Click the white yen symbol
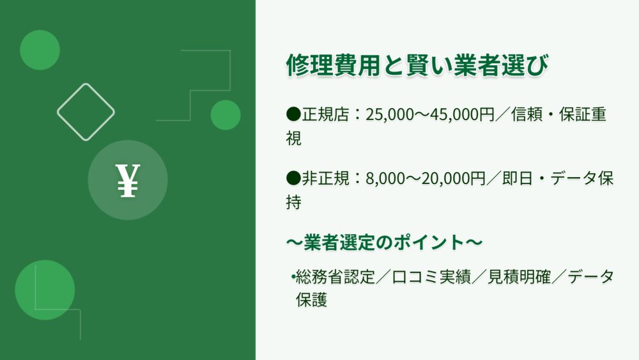(x=128, y=180)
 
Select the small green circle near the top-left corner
(x=40, y=50)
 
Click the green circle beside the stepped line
(x=226, y=115)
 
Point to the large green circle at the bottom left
(x=45, y=290)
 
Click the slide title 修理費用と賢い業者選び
(x=417, y=65)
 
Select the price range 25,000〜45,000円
(x=430, y=114)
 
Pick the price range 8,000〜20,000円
(x=426, y=178)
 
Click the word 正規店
(x=326, y=114)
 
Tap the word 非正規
(x=326, y=178)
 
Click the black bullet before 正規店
(x=293, y=114)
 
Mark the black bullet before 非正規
(x=293, y=178)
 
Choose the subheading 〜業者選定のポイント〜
(x=384, y=242)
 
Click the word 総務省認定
(x=335, y=277)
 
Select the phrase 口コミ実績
(x=431, y=277)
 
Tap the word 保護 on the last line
(x=312, y=300)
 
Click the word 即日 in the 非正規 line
(x=518, y=178)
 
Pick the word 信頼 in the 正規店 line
(x=527, y=114)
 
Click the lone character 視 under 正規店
(x=294, y=138)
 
